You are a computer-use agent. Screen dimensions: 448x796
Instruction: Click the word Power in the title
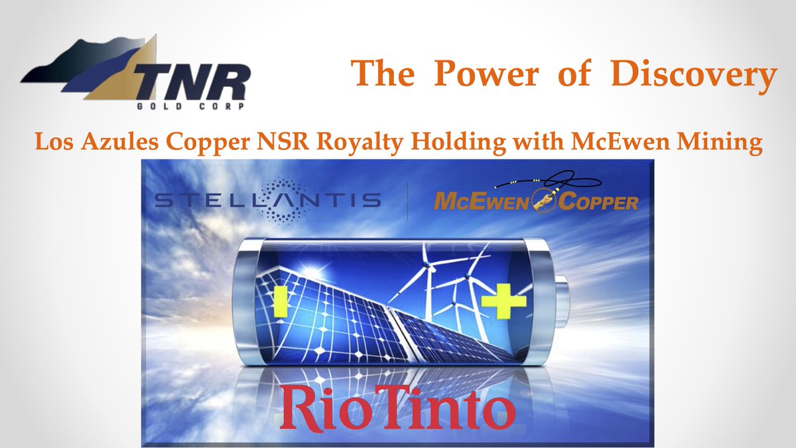point(486,74)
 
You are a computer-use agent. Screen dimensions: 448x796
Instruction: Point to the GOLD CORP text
point(193,106)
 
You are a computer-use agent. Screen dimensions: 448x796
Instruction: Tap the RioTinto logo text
point(398,406)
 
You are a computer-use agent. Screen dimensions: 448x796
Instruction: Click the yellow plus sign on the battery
point(503,301)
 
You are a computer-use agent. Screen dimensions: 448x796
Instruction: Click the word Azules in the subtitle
point(123,143)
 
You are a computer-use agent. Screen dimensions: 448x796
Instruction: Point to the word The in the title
point(380,74)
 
